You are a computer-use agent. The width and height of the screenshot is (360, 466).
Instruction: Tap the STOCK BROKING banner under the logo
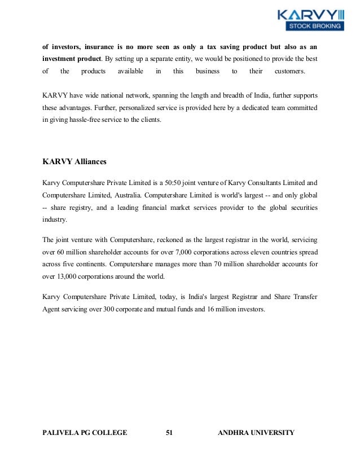pyautogui.click(x=315, y=26)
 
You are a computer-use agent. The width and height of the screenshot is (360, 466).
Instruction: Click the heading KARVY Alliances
pyautogui.click(x=74, y=162)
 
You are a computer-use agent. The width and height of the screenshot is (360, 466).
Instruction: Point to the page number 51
pyautogui.click(x=169, y=433)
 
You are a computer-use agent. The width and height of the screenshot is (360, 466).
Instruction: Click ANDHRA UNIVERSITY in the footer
pyautogui.click(x=256, y=433)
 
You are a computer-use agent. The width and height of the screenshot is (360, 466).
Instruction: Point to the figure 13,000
pyautogui.click(x=65, y=276)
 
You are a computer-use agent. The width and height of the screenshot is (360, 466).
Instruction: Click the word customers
pyautogui.click(x=290, y=71)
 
